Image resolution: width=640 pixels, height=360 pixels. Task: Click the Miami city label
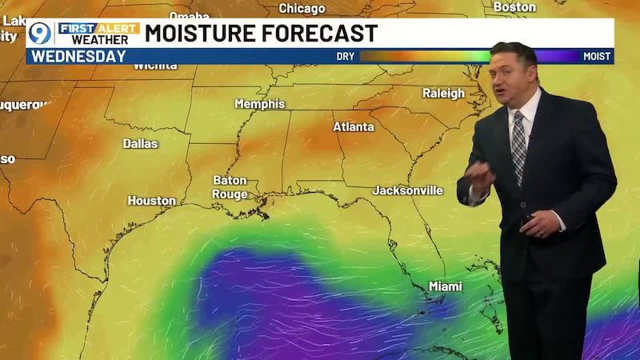(445, 286)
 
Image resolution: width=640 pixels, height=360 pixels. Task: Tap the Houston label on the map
(151, 201)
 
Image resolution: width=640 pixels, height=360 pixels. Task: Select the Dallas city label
(140, 144)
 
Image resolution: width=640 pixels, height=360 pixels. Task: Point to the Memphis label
(259, 104)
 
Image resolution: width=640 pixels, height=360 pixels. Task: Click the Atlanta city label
(353, 127)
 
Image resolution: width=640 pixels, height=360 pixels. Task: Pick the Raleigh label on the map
(443, 94)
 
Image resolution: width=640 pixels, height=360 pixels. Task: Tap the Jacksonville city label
(407, 190)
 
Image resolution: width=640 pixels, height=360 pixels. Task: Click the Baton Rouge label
(230, 187)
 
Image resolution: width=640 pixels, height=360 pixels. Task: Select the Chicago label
(302, 9)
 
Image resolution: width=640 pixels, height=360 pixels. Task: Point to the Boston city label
(514, 7)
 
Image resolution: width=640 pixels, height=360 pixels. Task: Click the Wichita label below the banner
(154, 66)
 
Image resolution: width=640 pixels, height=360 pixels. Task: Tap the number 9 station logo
(39, 34)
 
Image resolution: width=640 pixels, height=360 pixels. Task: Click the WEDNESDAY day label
(78, 56)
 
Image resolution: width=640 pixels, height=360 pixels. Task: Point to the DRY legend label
(346, 57)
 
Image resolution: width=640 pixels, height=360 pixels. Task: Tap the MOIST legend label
(597, 57)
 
